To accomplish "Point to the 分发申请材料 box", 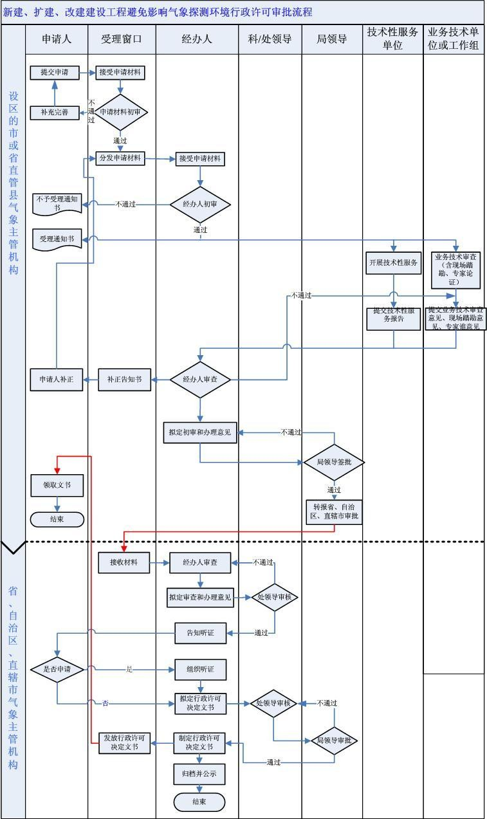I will click(x=120, y=158).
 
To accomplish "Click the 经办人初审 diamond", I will click(x=201, y=204).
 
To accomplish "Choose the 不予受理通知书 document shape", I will click(x=57, y=203).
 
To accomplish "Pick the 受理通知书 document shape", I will click(x=57, y=239).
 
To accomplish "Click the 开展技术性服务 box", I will click(x=394, y=262).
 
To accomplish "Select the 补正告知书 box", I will click(x=124, y=380).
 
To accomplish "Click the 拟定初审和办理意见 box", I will click(x=200, y=432).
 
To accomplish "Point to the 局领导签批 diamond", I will click(x=334, y=462).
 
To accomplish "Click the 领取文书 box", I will click(x=57, y=485).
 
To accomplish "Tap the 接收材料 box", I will click(x=124, y=562).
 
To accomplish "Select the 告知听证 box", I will click(x=201, y=633).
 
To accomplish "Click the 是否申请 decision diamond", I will click(x=57, y=669).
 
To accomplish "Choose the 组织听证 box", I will click(x=201, y=669).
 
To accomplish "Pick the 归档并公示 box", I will click(x=199, y=774).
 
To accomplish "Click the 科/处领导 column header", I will click(x=270, y=39).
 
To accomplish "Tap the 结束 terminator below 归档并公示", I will click(x=199, y=802).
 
